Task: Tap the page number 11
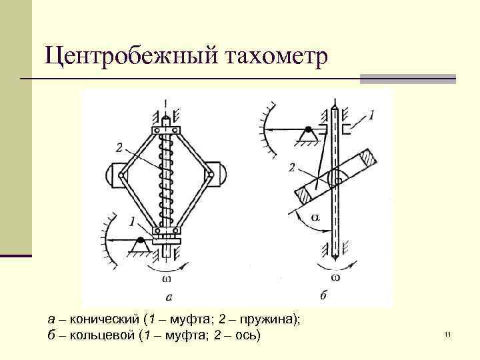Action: (447, 333)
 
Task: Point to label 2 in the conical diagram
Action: (119, 147)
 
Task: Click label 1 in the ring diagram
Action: (371, 115)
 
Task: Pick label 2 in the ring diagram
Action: (292, 167)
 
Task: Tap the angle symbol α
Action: (315, 217)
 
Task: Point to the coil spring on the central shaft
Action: (167, 180)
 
